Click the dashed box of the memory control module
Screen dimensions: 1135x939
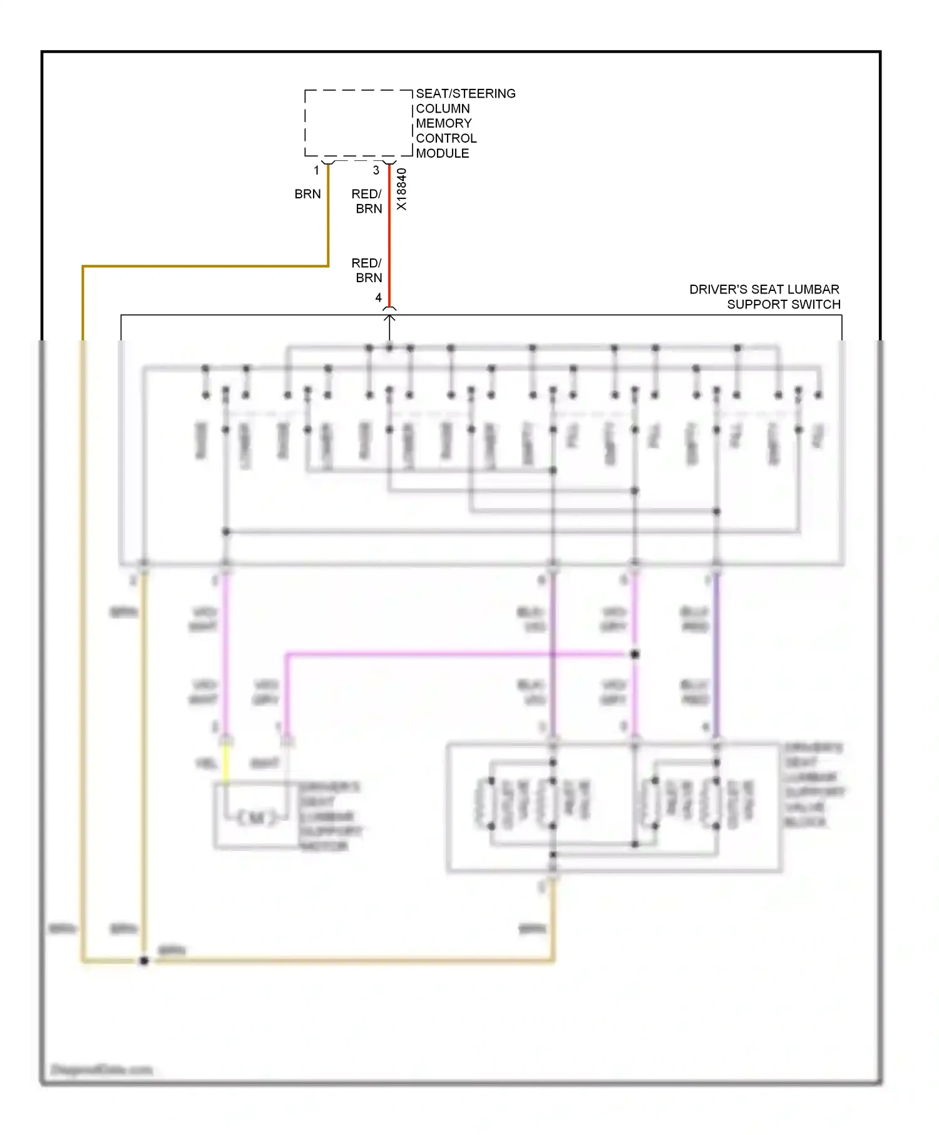tap(358, 123)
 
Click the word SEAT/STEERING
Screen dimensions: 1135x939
tap(466, 94)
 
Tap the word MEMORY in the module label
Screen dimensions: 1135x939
tap(444, 123)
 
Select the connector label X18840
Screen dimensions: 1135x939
tap(402, 189)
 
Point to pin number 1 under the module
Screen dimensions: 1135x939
tap(317, 170)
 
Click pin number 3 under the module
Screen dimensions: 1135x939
tap(376, 170)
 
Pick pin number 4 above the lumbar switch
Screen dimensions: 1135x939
tap(378, 298)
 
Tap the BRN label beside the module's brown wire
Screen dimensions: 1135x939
tap(307, 195)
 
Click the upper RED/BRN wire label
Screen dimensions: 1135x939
tap(367, 201)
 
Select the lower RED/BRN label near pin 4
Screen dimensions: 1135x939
tap(367, 270)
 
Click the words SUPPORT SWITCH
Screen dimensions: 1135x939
tap(784, 305)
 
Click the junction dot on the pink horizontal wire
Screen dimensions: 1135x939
tap(635, 654)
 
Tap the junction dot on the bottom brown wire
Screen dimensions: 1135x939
tap(144, 960)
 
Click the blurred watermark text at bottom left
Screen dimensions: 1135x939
tap(101, 1070)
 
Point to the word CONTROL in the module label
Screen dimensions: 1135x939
tap(446, 138)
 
